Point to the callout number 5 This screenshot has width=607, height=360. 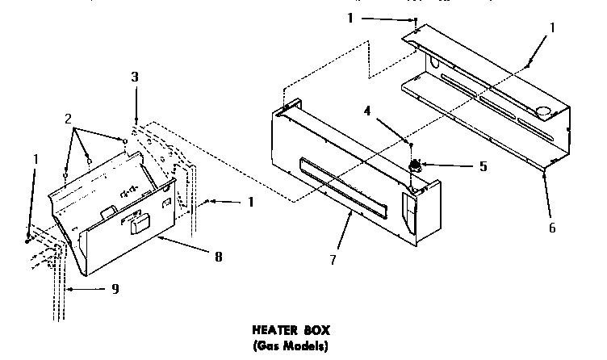484,167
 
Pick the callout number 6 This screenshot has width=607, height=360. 552,228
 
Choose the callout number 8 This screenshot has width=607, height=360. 219,257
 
